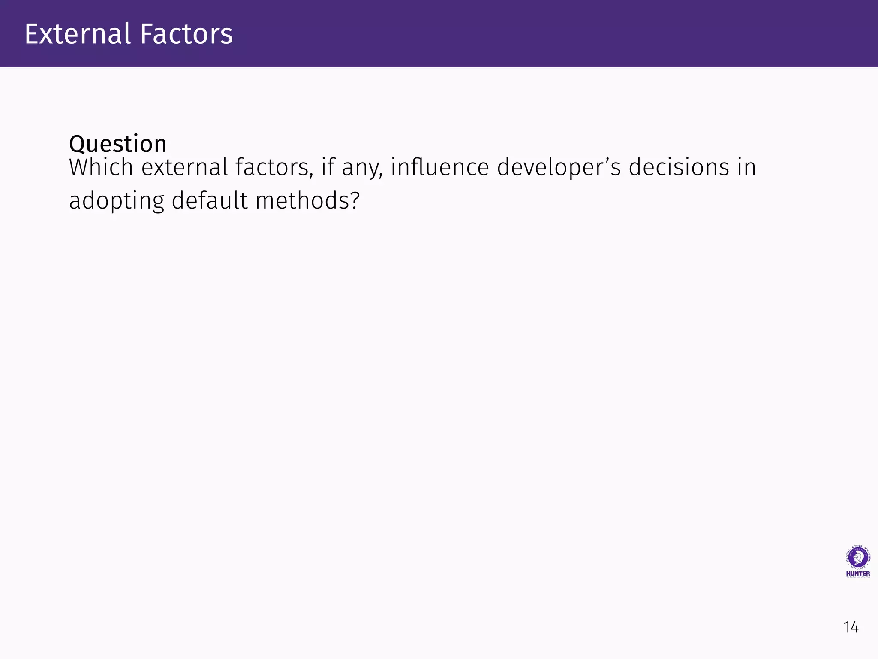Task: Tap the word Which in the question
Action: pyautogui.click(x=101, y=167)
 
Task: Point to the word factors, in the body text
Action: pyautogui.click(x=274, y=167)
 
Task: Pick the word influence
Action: pyautogui.click(x=439, y=167)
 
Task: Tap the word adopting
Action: pyautogui.click(x=116, y=202)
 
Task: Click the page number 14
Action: pyautogui.click(x=851, y=627)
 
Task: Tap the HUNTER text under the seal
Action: pyautogui.click(x=858, y=574)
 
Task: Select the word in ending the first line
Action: pyautogui.click(x=746, y=167)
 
